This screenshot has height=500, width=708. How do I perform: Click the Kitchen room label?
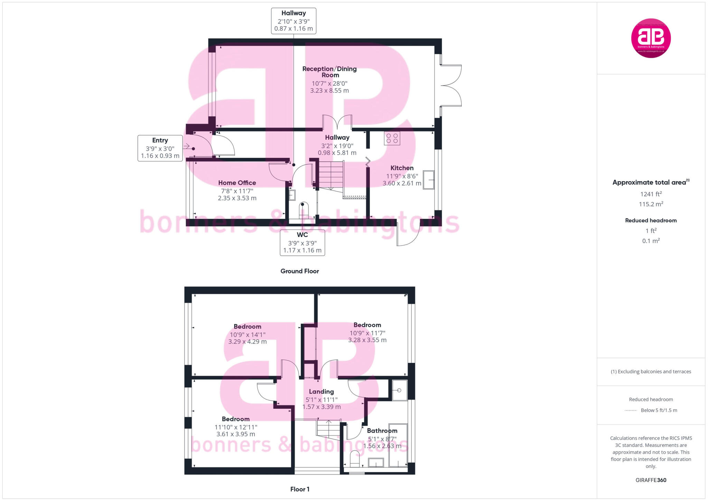[x=402, y=168]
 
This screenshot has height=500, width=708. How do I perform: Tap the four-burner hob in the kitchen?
[x=392, y=138]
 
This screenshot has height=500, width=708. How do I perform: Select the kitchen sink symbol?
[x=428, y=180]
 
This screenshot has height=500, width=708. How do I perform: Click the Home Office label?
[x=237, y=183]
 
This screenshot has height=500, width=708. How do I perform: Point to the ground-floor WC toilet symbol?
[x=303, y=210]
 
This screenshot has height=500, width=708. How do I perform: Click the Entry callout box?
[x=160, y=148]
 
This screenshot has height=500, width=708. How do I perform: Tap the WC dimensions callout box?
[x=302, y=243]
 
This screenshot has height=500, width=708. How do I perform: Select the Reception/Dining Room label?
[x=329, y=72]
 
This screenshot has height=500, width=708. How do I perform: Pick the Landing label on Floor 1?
[x=321, y=391]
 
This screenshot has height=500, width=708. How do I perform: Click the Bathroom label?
[x=382, y=431]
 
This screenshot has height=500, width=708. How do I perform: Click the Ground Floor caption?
[x=299, y=271]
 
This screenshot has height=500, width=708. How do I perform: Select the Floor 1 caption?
[x=300, y=489]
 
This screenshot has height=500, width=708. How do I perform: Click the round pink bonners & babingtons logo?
[x=651, y=38]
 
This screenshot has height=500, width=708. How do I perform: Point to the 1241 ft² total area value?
[x=651, y=194]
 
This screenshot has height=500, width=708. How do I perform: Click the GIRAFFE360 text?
[x=651, y=480]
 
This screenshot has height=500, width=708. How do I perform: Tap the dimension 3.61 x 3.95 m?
[x=236, y=434]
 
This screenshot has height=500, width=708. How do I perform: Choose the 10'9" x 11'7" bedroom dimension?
[x=367, y=333]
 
